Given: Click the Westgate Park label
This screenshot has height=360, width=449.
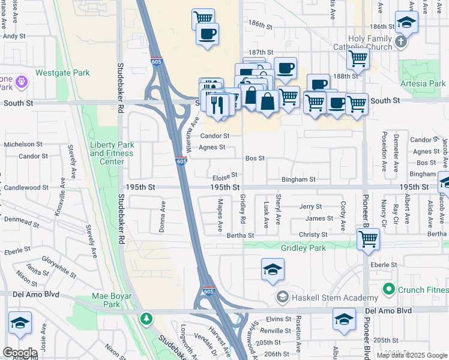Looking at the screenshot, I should [x=62, y=73].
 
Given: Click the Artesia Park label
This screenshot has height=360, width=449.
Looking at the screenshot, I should [x=424, y=83].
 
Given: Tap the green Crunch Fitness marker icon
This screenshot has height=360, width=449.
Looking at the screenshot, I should [x=389, y=290].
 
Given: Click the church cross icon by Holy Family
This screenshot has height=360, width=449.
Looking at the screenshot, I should [x=401, y=43].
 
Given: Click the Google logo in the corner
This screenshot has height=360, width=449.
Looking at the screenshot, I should [x=20, y=353].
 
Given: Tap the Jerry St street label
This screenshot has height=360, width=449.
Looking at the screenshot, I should [x=311, y=206].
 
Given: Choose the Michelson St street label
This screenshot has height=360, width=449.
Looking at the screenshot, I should [x=23, y=145].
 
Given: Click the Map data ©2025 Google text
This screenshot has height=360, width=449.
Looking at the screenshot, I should [x=411, y=355].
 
